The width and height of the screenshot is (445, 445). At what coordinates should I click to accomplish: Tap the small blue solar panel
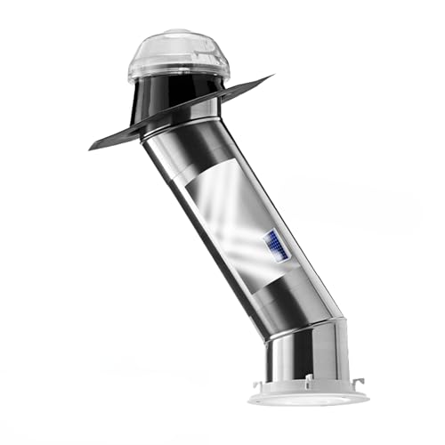tap(274, 245)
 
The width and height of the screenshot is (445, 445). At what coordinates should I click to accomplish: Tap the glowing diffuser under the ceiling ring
tap(307, 401)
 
